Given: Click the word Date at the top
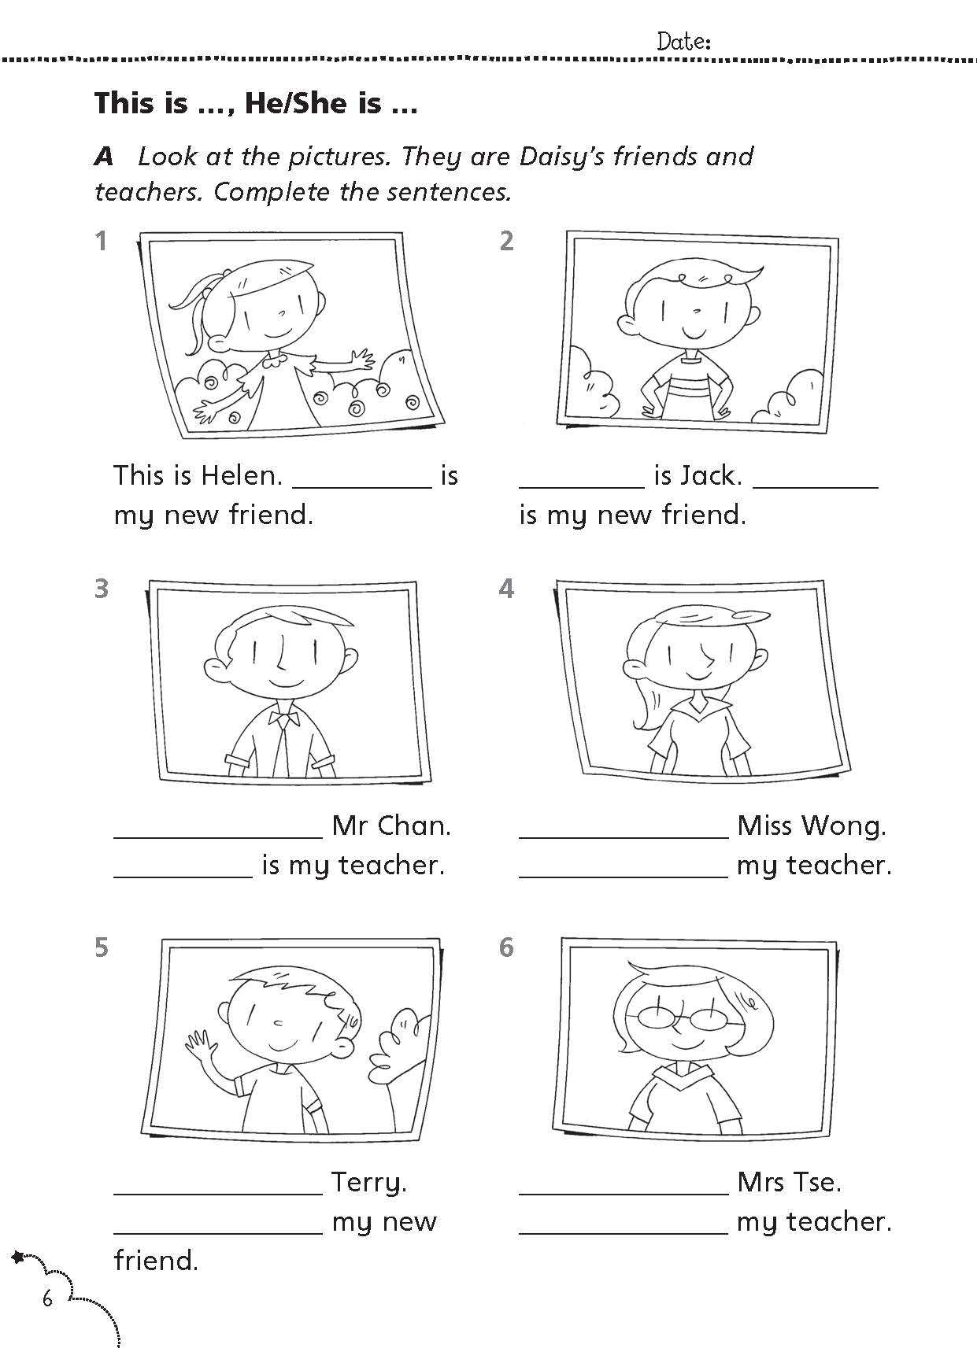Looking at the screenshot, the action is (x=680, y=42).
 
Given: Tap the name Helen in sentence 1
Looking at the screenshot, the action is (x=241, y=475).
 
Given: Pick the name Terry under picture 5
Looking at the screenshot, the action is (x=368, y=1183).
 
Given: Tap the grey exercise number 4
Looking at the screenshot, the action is (x=507, y=589).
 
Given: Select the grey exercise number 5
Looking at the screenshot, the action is (x=102, y=947).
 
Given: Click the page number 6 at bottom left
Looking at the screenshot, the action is (x=47, y=1298).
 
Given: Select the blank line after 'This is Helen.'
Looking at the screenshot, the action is (x=362, y=487).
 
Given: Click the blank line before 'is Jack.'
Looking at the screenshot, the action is (x=582, y=487).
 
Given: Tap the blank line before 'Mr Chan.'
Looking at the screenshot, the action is (x=219, y=837).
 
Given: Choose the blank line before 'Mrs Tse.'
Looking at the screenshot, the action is (x=624, y=1194).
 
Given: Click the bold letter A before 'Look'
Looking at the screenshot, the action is (x=104, y=157).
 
